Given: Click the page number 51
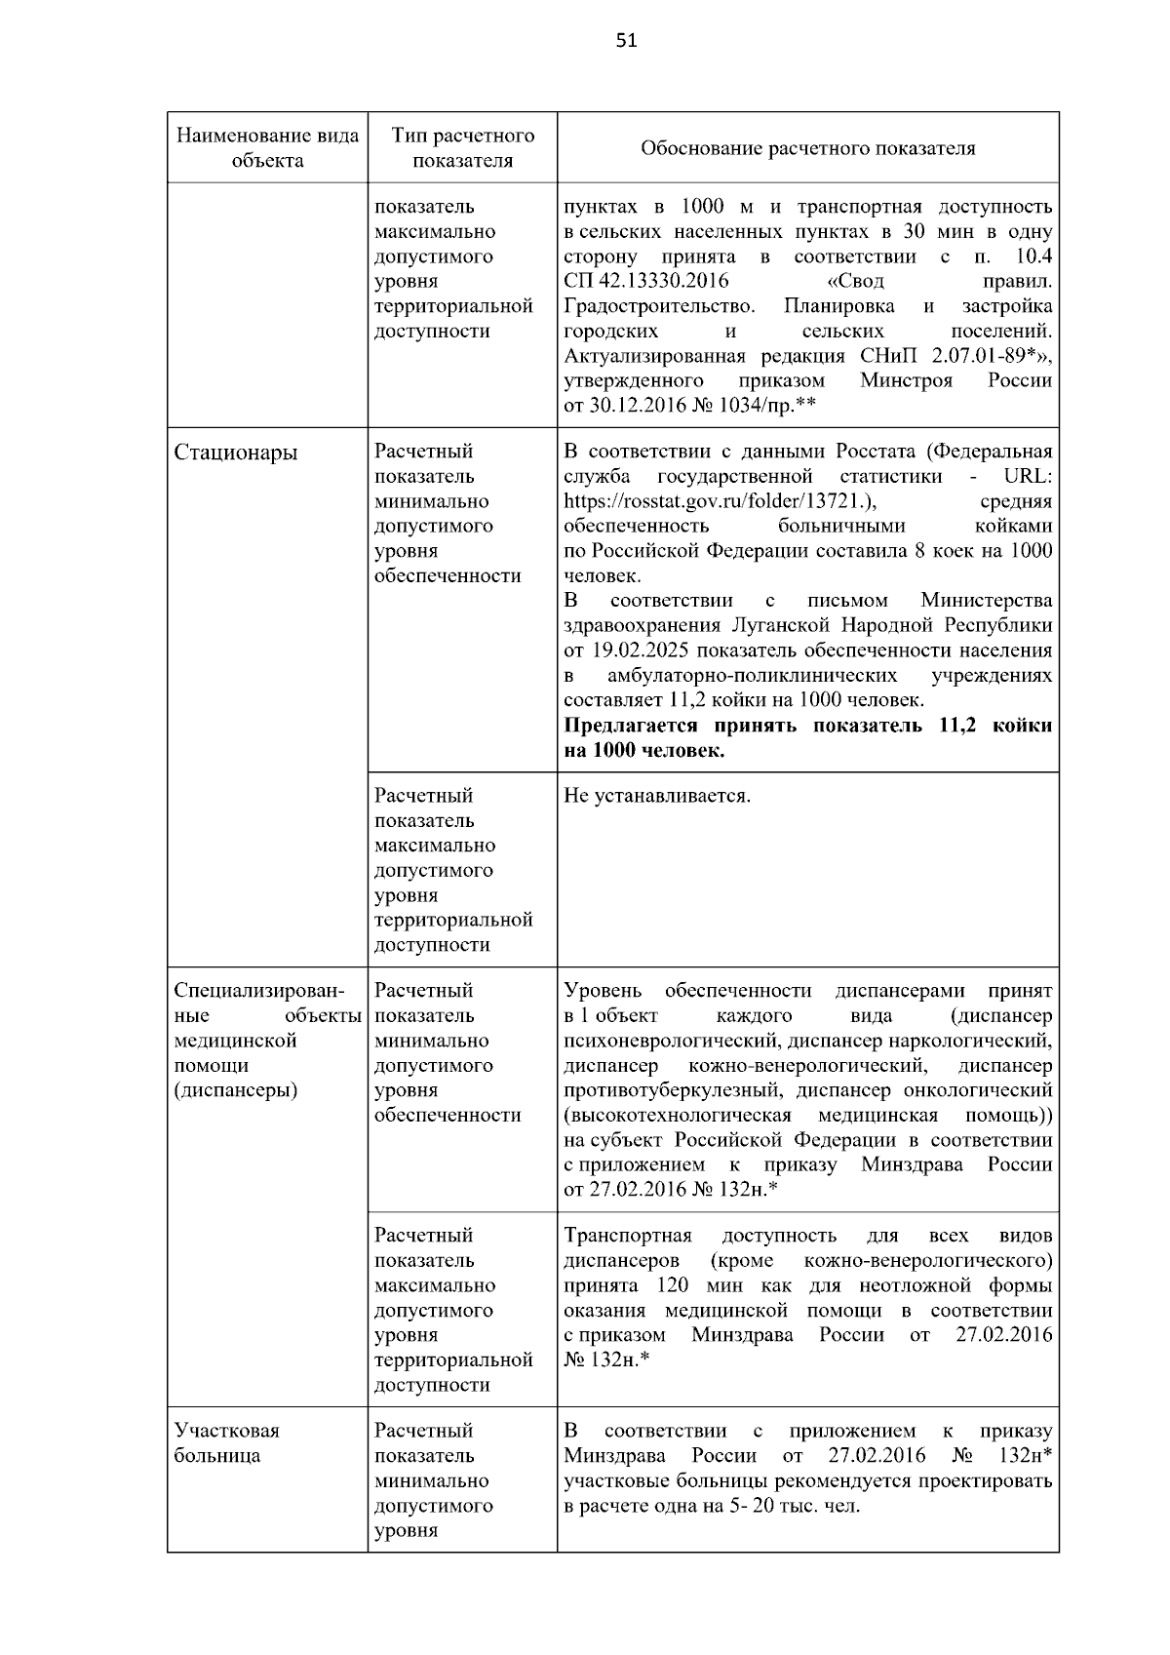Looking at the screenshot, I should [627, 41].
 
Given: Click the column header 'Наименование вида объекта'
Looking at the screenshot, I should [267, 148].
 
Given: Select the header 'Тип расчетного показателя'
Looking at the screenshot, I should [462, 148].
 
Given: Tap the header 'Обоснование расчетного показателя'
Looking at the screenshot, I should [807, 148].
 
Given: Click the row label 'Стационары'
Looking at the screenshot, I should [236, 453].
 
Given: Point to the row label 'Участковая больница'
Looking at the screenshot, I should [226, 1443].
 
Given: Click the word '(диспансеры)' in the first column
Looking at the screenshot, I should [236, 1090].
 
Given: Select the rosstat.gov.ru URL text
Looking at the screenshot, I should [721, 501].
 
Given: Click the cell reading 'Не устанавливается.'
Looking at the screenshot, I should [657, 796].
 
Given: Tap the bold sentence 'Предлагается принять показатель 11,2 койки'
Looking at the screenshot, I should [807, 726].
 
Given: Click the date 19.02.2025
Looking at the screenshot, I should [638, 650].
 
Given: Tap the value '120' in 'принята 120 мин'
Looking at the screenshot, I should [674, 1285].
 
